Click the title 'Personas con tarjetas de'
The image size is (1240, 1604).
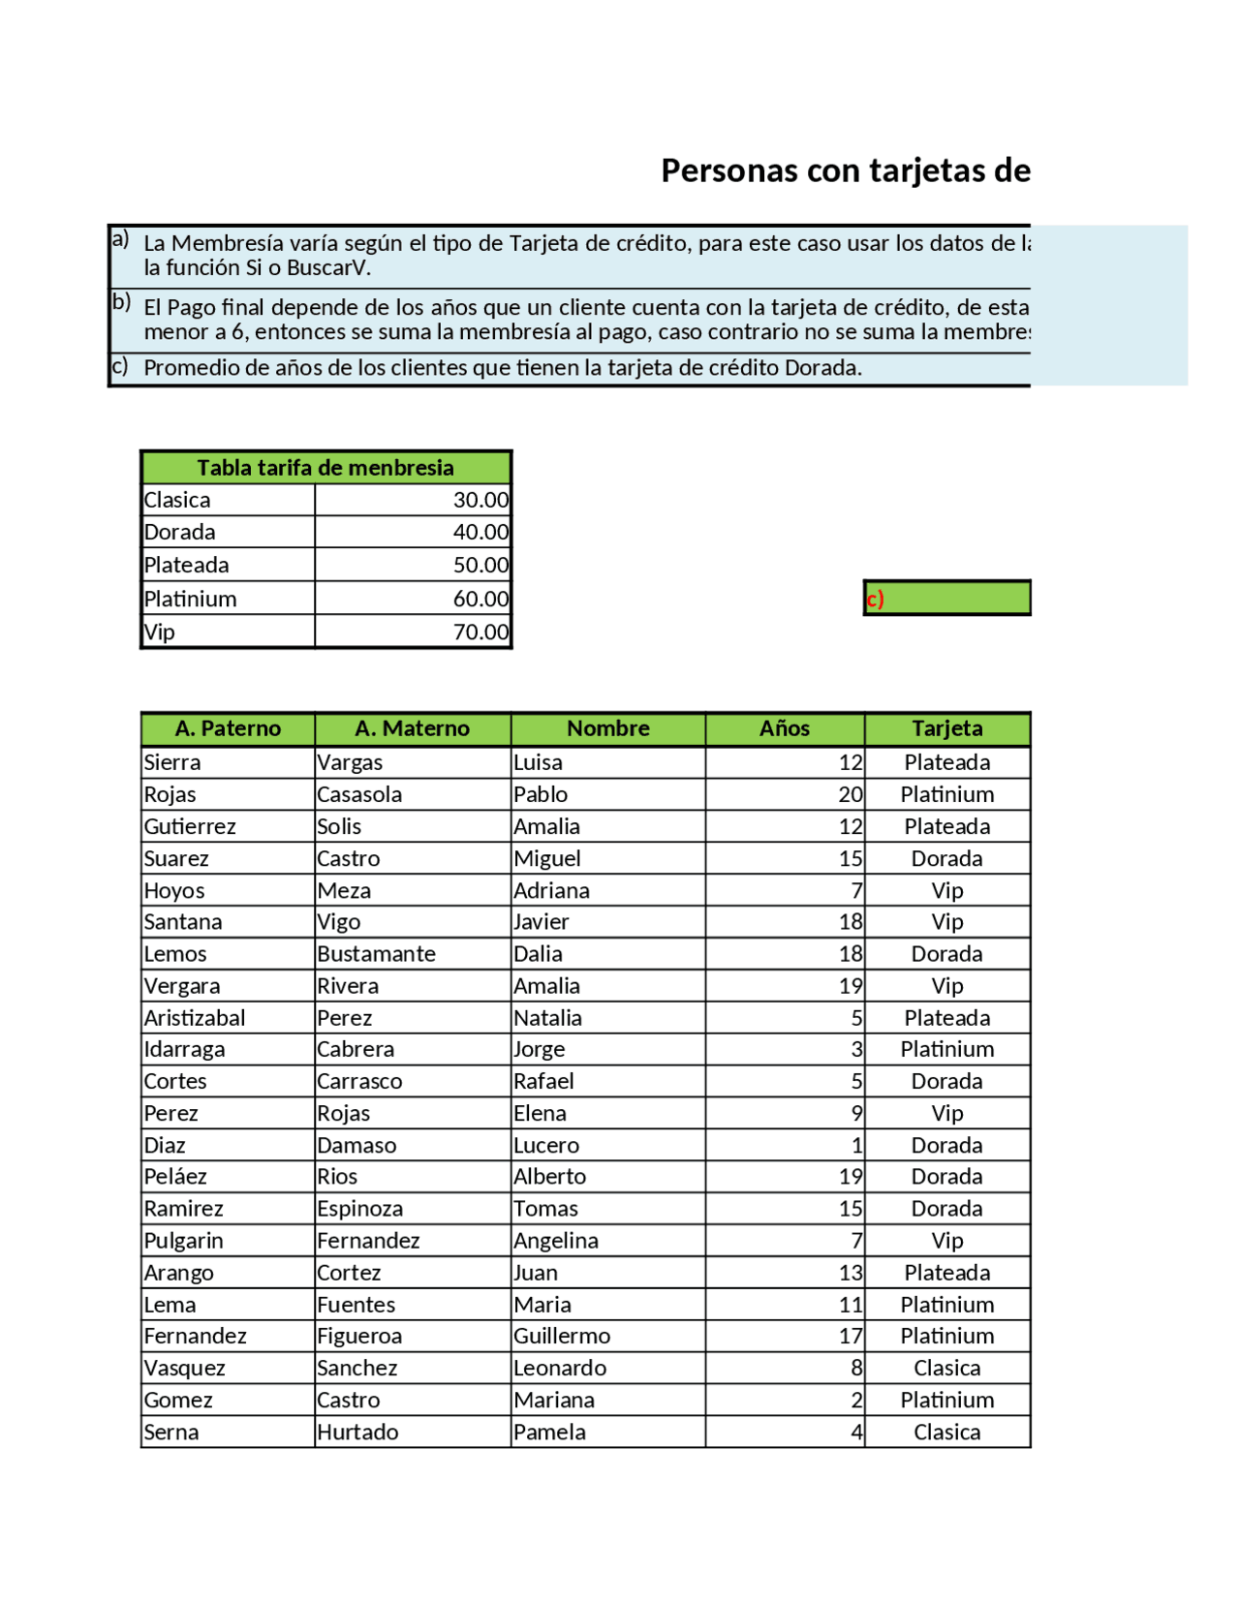845,170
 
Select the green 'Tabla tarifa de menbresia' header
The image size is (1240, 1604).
325,468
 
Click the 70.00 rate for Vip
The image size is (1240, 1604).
480,632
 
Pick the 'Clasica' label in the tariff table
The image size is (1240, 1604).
177,500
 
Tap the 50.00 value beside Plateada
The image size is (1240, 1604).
480,565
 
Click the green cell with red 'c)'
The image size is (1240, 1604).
946,599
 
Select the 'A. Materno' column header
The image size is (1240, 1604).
412,728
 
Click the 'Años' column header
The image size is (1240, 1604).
784,728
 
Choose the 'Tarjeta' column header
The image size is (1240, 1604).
946,728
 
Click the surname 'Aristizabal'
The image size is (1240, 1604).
195,1018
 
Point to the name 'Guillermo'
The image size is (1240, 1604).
562,1336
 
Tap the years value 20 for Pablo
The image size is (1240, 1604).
851,794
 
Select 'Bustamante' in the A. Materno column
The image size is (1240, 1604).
376,954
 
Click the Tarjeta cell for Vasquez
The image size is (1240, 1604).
946,1368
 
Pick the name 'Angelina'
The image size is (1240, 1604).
556,1241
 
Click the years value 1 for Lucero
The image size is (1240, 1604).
856,1146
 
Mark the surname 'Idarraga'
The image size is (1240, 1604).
184,1049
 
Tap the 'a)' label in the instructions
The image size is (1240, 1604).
120,239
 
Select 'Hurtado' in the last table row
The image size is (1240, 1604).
357,1432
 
